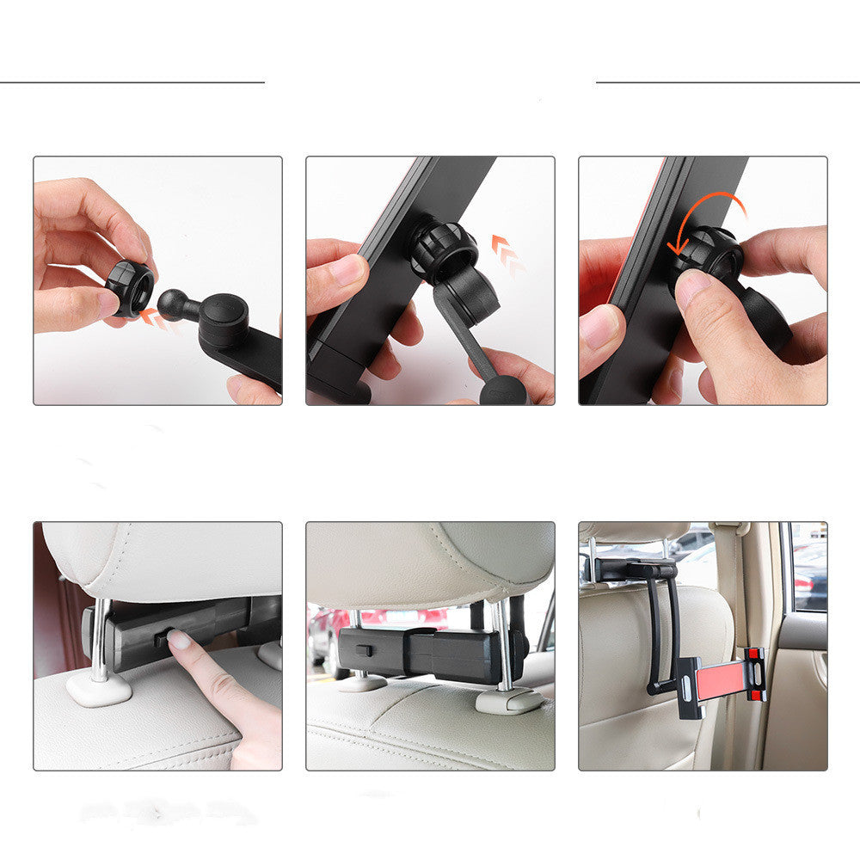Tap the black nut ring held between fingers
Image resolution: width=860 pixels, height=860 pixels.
(x=130, y=288)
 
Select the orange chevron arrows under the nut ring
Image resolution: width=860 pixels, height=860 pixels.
(x=157, y=321)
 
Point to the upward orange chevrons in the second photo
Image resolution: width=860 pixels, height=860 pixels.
(x=507, y=255)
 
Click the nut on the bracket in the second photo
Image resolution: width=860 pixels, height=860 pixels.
(x=442, y=249)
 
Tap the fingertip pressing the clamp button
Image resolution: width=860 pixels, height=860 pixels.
(x=178, y=640)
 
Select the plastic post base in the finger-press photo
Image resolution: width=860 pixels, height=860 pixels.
(x=99, y=688)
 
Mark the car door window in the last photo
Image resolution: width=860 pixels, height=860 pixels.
(x=808, y=568)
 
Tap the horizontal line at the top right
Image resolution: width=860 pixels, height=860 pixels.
(x=728, y=83)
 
